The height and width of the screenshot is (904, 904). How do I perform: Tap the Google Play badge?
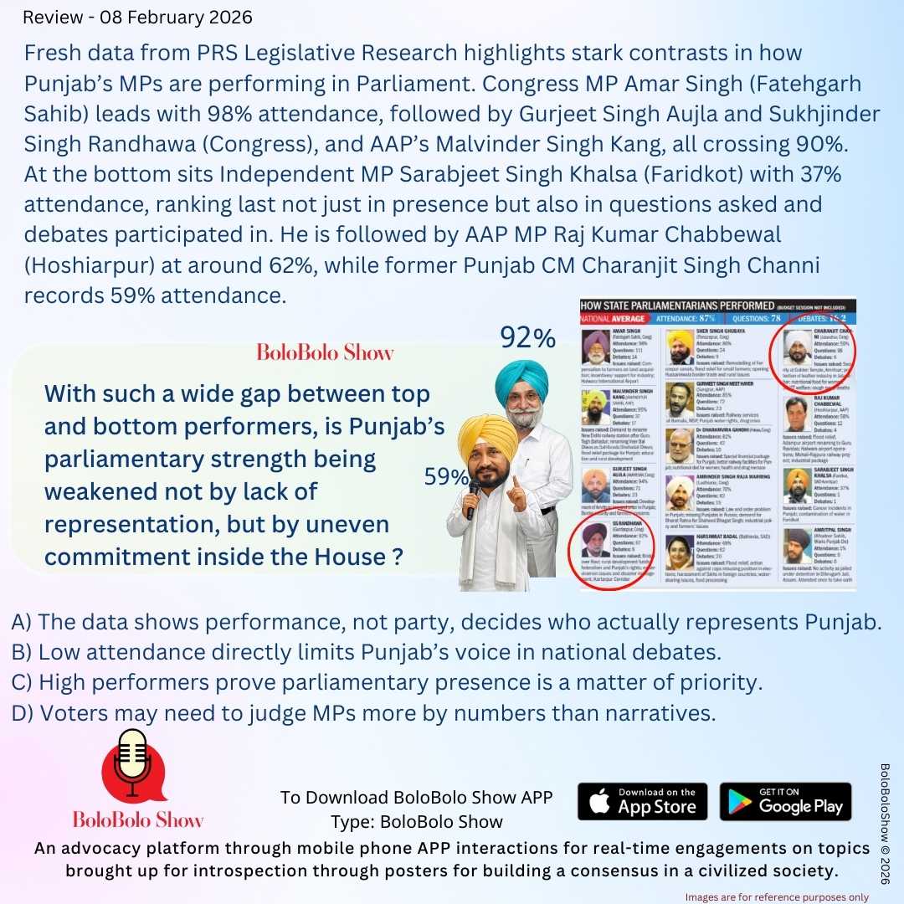click(785, 801)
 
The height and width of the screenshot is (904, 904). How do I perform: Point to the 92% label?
click(528, 338)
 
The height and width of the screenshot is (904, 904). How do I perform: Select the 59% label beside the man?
click(445, 476)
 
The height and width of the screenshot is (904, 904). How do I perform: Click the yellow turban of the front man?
click(488, 434)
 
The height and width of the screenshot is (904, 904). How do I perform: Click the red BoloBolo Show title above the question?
click(324, 352)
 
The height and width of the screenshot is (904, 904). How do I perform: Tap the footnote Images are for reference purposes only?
click(776, 896)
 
